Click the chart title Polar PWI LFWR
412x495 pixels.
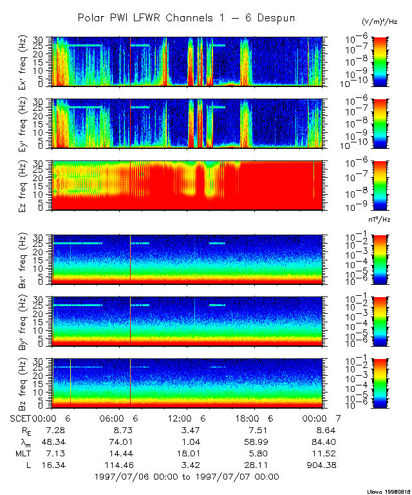click(x=186, y=18)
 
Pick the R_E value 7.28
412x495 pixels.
click(x=56, y=429)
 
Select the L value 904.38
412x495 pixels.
click(x=323, y=465)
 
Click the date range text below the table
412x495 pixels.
click(x=186, y=477)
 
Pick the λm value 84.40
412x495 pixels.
click(x=323, y=442)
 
